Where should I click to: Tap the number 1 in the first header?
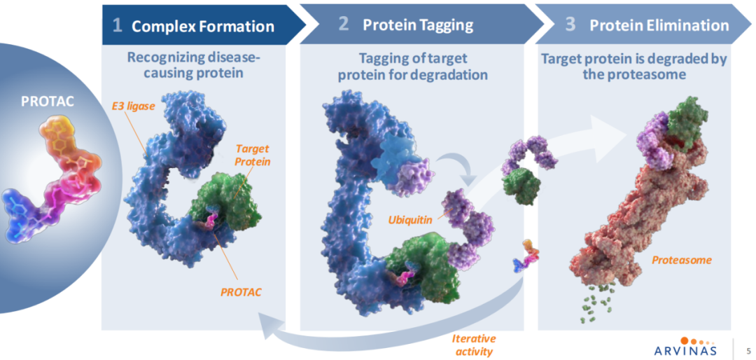[118, 25]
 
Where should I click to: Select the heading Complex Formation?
[203, 27]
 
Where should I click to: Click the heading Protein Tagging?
[418, 25]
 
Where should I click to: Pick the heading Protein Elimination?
[659, 25]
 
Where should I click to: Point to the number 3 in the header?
[570, 25]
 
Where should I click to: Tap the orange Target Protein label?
[252, 155]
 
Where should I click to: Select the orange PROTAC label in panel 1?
[239, 291]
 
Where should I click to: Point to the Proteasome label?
[682, 260]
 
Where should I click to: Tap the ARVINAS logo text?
[686, 349]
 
